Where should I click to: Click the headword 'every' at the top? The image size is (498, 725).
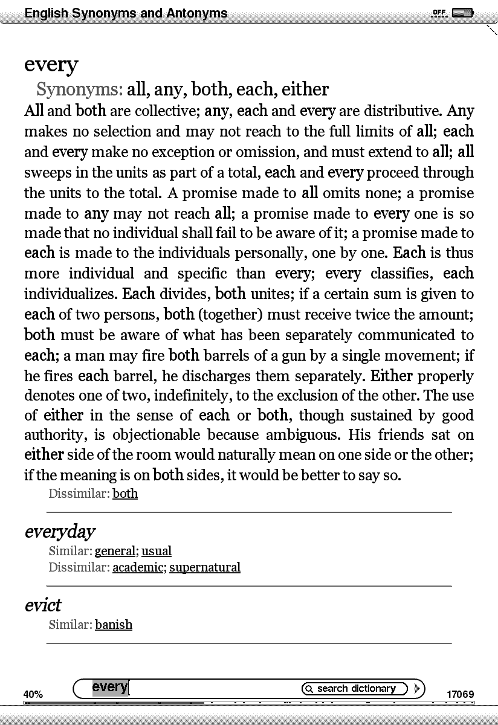(x=51, y=65)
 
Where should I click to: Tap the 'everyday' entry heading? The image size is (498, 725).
(x=60, y=532)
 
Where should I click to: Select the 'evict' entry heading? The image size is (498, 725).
(x=43, y=605)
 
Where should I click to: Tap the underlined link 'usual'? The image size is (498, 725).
(x=157, y=551)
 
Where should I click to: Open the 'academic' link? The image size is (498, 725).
(x=138, y=567)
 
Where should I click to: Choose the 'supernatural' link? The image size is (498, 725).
(x=205, y=567)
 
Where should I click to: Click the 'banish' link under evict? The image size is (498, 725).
(x=114, y=624)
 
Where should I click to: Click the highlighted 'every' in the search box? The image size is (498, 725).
(x=109, y=687)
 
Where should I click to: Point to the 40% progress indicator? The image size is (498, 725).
(x=33, y=694)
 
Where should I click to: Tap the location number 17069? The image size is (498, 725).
(x=460, y=694)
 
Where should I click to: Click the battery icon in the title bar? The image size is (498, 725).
(x=462, y=13)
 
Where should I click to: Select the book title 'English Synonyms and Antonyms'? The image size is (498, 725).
(x=126, y=13)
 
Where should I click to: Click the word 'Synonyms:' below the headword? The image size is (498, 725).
(x=80, y=89)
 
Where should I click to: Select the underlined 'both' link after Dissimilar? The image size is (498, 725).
(x=125, y=494)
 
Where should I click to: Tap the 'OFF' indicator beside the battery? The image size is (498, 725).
(x=439, y=13)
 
